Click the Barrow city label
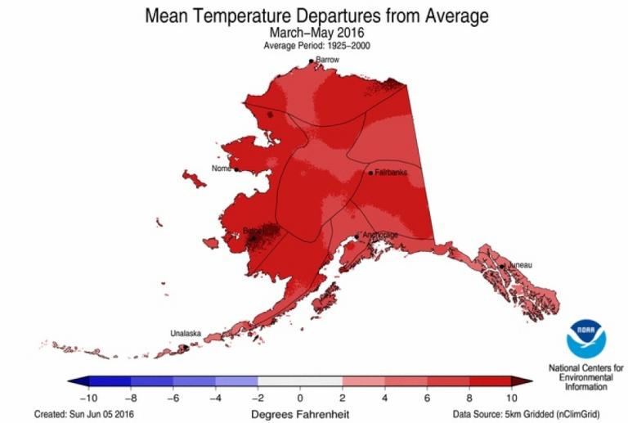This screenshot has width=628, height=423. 328,60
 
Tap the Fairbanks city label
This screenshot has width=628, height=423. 391,173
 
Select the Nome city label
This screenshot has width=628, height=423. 222,169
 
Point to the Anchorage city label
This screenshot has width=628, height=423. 380,236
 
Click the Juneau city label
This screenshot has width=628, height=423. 519,265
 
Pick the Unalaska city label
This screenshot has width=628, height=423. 184,333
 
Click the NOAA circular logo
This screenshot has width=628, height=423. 585,337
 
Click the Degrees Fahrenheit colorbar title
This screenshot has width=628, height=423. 300,414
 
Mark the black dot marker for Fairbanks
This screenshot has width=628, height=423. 370,173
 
